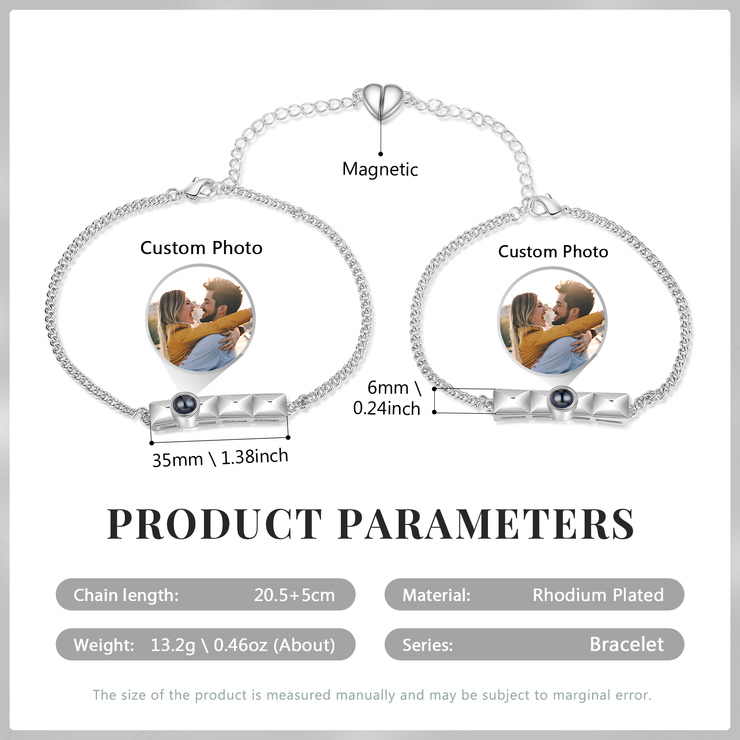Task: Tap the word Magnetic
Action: pos(380,169)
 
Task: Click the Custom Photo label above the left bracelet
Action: pos(201,248)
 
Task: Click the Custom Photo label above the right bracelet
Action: pos(553,252)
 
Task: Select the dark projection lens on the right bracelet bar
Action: pos(560,398)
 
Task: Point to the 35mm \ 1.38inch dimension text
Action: pos(220,458)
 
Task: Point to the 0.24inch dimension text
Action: pos(387,408)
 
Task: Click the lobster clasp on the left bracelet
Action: pos(199,188)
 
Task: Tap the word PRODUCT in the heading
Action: pos(215,524)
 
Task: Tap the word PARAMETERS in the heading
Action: pos(486,524)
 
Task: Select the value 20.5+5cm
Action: pos(294,595)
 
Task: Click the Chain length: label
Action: pos(126,595)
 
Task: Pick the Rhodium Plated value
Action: pos(598,595)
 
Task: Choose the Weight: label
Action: pos(104,645)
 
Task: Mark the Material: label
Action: pos(436,595)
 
